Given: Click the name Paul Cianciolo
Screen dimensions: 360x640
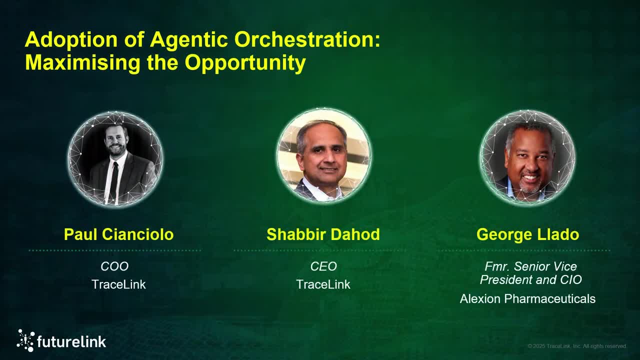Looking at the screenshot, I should click(118, 234).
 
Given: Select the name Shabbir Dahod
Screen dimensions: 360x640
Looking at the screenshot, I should click(323, 234).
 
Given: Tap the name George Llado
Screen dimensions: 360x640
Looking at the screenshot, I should click(527, 234).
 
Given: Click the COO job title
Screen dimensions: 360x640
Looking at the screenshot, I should click(114, 266).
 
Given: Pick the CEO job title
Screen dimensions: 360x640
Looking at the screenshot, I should click(323, 266).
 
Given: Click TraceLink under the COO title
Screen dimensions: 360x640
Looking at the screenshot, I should click(118, 284).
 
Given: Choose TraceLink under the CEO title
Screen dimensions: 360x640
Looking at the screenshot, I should click(323, 284).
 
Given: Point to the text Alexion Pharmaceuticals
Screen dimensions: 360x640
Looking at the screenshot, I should click(527, 299).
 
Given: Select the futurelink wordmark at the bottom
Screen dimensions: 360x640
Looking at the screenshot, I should click(71, 342).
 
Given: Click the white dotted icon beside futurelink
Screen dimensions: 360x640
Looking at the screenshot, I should click(25, 340).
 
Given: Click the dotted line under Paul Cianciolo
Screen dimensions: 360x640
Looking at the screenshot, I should click(115, 250).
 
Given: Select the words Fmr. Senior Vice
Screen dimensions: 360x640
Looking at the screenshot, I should click(530, 266).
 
